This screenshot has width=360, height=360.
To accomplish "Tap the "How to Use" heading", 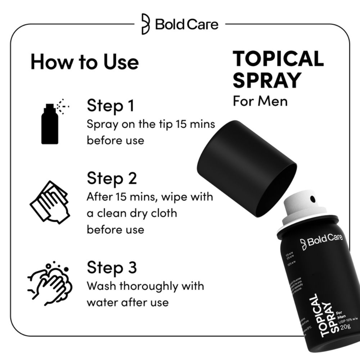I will click(x=84, y=62).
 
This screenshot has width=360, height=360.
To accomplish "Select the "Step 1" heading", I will click(x=111, y=106).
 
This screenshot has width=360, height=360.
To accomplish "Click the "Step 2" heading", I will click(x=112, y=178).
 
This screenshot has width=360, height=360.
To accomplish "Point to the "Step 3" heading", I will click(x=112, y=268).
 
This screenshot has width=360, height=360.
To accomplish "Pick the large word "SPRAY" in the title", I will click(x=266, y=80).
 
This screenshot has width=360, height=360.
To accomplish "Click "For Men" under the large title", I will click(x=260, y=100).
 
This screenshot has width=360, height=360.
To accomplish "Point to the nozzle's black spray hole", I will click(x=312, y=198).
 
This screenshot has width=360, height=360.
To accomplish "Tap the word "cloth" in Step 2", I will click(x=164, y=213).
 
